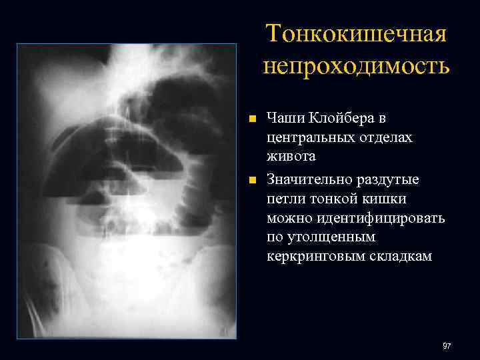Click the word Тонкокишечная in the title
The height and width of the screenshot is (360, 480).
356,33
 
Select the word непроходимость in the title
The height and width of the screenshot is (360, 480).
356,66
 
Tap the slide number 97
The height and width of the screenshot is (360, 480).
446,346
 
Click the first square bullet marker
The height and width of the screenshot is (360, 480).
251,119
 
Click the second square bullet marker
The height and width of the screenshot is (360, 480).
251,180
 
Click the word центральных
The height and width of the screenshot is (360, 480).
309,137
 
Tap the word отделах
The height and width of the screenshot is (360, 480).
387,137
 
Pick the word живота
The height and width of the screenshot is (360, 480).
291,157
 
